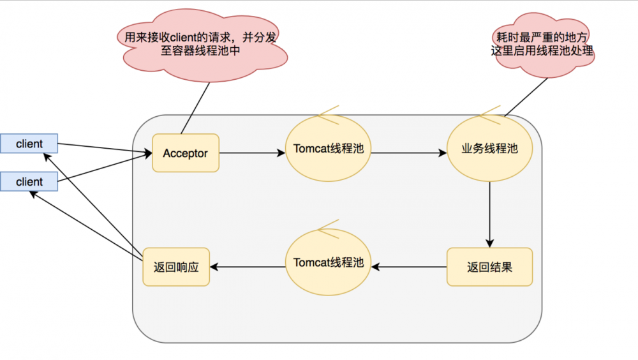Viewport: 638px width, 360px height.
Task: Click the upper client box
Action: coord(29,144)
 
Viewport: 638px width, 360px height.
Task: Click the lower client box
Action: coord(29,181)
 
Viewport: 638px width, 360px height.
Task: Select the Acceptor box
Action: coord(185,153)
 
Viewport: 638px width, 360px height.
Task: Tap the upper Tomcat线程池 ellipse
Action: coord(328,149)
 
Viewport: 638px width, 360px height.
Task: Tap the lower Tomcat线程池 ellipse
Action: coord(328,262)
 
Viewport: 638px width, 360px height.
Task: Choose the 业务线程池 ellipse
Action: coord(489,149)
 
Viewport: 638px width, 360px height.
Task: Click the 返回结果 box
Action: coord(489,267)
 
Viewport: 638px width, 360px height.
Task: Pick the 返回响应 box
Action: coord(176,267)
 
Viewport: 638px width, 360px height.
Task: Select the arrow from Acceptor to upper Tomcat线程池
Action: coord(251,153)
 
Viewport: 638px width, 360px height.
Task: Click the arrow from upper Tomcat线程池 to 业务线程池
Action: coord(408,153)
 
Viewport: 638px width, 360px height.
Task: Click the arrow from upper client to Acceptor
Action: coord(105,149)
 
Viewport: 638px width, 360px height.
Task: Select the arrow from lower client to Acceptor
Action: coord(105,169)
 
